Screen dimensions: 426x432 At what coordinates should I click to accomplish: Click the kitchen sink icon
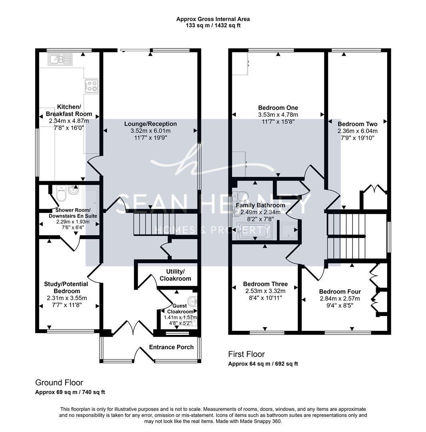[60, 59]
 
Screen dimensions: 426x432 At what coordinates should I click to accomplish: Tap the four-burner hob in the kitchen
[92, 86]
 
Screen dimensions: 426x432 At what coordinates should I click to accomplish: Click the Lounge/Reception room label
[150, 124]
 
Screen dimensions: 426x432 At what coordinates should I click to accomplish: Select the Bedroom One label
[278, 108]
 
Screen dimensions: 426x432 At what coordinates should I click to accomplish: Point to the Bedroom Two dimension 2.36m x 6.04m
[358, 131]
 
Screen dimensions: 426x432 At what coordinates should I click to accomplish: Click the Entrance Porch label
[171, 347]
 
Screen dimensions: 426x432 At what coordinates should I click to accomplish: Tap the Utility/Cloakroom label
[175, 275]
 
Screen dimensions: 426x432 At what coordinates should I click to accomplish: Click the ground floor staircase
[154, 224]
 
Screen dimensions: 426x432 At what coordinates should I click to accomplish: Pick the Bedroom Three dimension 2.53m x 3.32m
[265, 291]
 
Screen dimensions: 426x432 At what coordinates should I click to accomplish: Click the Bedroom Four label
[340, 292]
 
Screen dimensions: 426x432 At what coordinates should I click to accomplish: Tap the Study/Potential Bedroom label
[66, 288]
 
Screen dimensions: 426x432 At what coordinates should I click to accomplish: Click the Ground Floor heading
[59, 382]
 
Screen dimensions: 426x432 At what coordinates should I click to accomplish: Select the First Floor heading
[246, 354]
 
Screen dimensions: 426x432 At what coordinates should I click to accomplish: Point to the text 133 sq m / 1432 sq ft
[213, 25]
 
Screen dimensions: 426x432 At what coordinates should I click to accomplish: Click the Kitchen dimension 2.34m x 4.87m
[69, 121]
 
